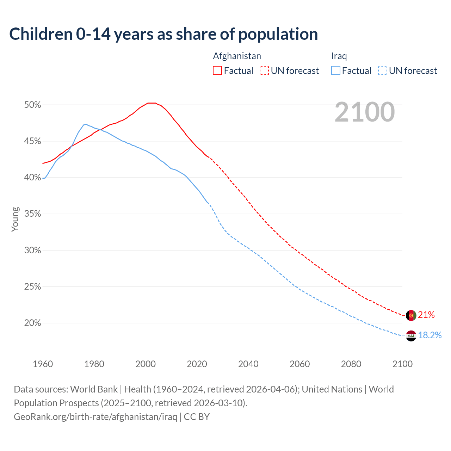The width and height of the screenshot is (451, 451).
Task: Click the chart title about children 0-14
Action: click(x=163, y=34)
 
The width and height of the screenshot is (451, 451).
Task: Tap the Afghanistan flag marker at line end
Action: click(x=411, y=315)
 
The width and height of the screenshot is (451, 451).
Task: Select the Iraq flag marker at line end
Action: click(x=411, y=336)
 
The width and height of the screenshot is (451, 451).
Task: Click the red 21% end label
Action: click(x=426, y=315)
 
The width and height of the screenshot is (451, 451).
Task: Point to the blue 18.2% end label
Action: click(x=430, y=335)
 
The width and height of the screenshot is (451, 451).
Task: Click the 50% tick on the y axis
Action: click(x=32, y=105)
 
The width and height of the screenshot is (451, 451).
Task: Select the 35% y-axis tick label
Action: click(x=32, y=214)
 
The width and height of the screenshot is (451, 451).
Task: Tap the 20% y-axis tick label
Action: click(x=32, y=323)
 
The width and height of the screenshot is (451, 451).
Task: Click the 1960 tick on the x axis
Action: click(x=43, y=364)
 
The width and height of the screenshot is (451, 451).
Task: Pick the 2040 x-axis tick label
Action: click(x=248, y=364)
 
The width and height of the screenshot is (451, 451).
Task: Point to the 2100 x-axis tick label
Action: click(x=402, y=364)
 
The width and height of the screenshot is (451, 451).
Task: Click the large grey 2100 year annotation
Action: click(x=365, y=112)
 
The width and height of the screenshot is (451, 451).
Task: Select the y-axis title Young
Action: click(x=15, y=219)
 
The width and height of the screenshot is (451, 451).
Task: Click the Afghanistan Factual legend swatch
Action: click(x=217, y=71)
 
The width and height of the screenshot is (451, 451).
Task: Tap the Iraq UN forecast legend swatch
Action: click(x=383, y=71)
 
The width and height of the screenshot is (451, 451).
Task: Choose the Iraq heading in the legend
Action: click(x=339, y=56)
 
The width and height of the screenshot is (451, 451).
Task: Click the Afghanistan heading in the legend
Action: click(x=237, y=56)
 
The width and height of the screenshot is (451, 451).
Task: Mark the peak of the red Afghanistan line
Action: click(x=152, y=103)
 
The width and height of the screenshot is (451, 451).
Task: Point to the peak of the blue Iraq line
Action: click(x=86, y=124)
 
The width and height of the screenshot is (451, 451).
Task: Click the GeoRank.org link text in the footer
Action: click(x=95, y=417)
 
